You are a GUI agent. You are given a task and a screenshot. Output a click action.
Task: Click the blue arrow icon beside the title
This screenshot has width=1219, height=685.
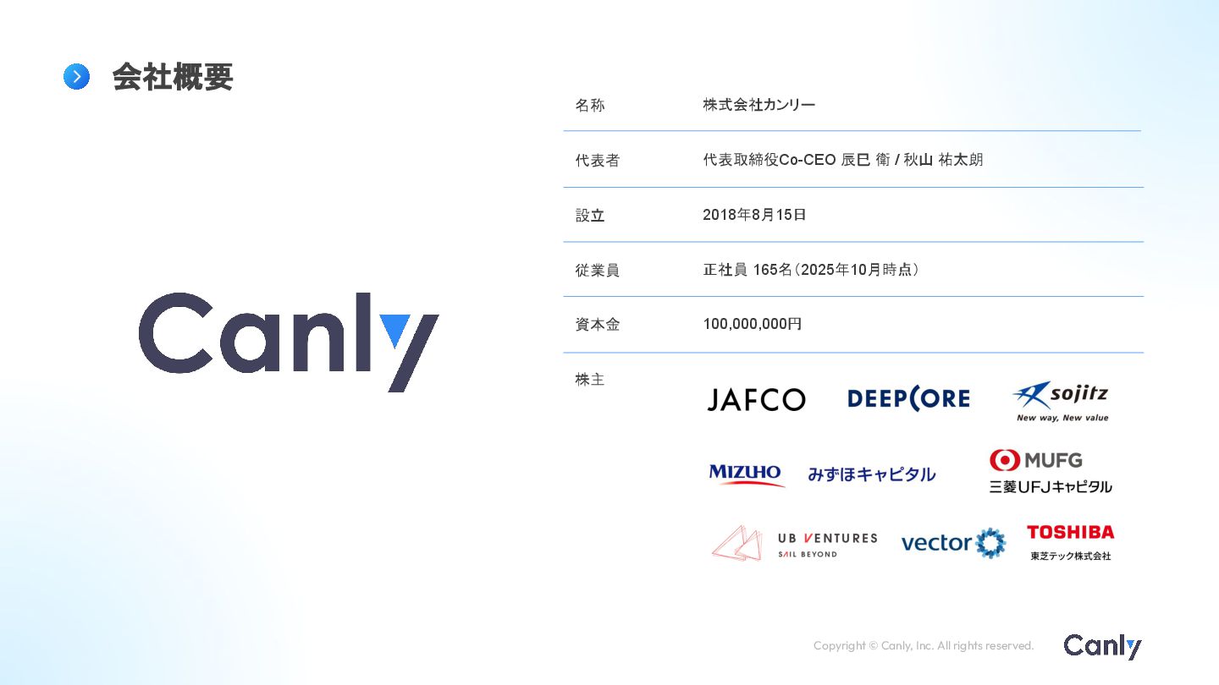(76, 77)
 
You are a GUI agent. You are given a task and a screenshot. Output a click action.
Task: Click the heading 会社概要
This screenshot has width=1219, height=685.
(172, 77)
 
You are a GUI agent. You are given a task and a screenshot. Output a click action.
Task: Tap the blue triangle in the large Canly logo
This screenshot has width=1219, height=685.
(395, 329)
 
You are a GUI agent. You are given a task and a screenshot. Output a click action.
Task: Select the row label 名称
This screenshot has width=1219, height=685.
(590, 106)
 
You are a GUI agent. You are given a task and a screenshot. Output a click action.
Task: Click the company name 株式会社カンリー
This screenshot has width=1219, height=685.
(758, 105)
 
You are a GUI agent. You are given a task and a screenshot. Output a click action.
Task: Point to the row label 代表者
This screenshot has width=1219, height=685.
(597, 161)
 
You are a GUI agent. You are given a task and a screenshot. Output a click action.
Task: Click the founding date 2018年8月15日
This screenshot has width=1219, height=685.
(754, 215)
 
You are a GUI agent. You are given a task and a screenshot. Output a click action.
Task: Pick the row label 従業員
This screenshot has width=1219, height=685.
(597, 271)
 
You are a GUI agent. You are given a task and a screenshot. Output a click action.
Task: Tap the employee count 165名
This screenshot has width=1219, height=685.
(772, 270)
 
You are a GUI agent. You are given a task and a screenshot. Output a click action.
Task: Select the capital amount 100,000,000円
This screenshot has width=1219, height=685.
(752, 324)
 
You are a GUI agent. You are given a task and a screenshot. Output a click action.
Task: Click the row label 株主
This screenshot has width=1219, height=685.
(590, 380)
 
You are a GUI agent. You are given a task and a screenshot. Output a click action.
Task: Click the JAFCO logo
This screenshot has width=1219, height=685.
(756, 400)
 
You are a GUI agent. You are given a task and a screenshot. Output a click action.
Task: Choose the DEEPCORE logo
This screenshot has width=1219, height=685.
(908, 399)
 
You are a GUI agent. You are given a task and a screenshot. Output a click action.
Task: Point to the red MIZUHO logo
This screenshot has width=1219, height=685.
(746, 474)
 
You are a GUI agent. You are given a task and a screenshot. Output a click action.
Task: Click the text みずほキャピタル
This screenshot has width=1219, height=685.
(871, 474)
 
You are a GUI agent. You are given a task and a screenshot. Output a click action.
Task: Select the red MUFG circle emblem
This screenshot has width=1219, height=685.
(1005, 460)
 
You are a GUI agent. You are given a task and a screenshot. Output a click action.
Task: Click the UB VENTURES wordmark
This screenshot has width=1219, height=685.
(827, 538)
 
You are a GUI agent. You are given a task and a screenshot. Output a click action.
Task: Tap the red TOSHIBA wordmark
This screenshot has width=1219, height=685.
(1070, 532)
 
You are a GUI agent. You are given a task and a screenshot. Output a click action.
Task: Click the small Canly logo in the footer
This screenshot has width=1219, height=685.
(1102, 646)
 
